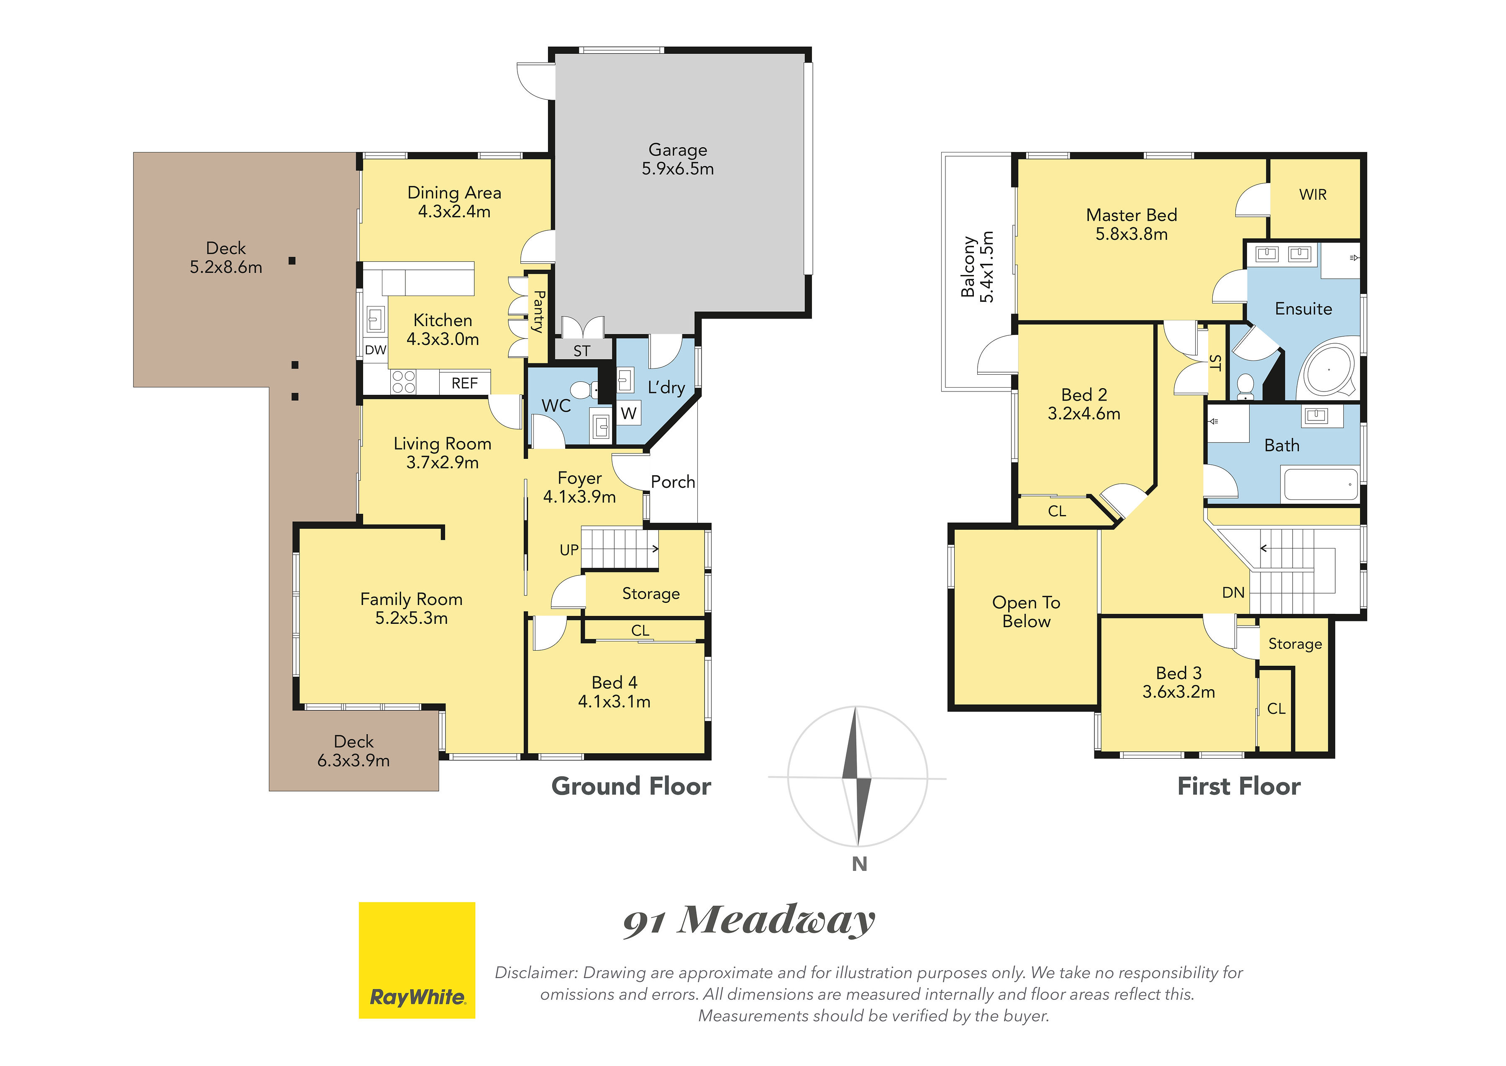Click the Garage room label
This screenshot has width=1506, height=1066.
[x=678, y=160]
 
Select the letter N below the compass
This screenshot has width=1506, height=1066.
[x=859, y=865]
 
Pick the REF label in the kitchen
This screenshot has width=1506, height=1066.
[x=464, y=384]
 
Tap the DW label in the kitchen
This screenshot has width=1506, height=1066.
[x=375, y=350]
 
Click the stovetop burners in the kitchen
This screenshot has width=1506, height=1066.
[x=403, y=382]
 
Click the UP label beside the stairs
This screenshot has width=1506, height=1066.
[x=569, y=550]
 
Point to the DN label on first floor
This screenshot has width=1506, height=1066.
[x=1233, y=593]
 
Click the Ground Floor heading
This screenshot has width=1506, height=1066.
[x=631, y=786]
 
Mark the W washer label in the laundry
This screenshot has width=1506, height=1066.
[x=628, y=414]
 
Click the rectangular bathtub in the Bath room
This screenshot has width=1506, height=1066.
[x=1320, y=484]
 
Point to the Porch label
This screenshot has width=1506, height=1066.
[x=672, y=482]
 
